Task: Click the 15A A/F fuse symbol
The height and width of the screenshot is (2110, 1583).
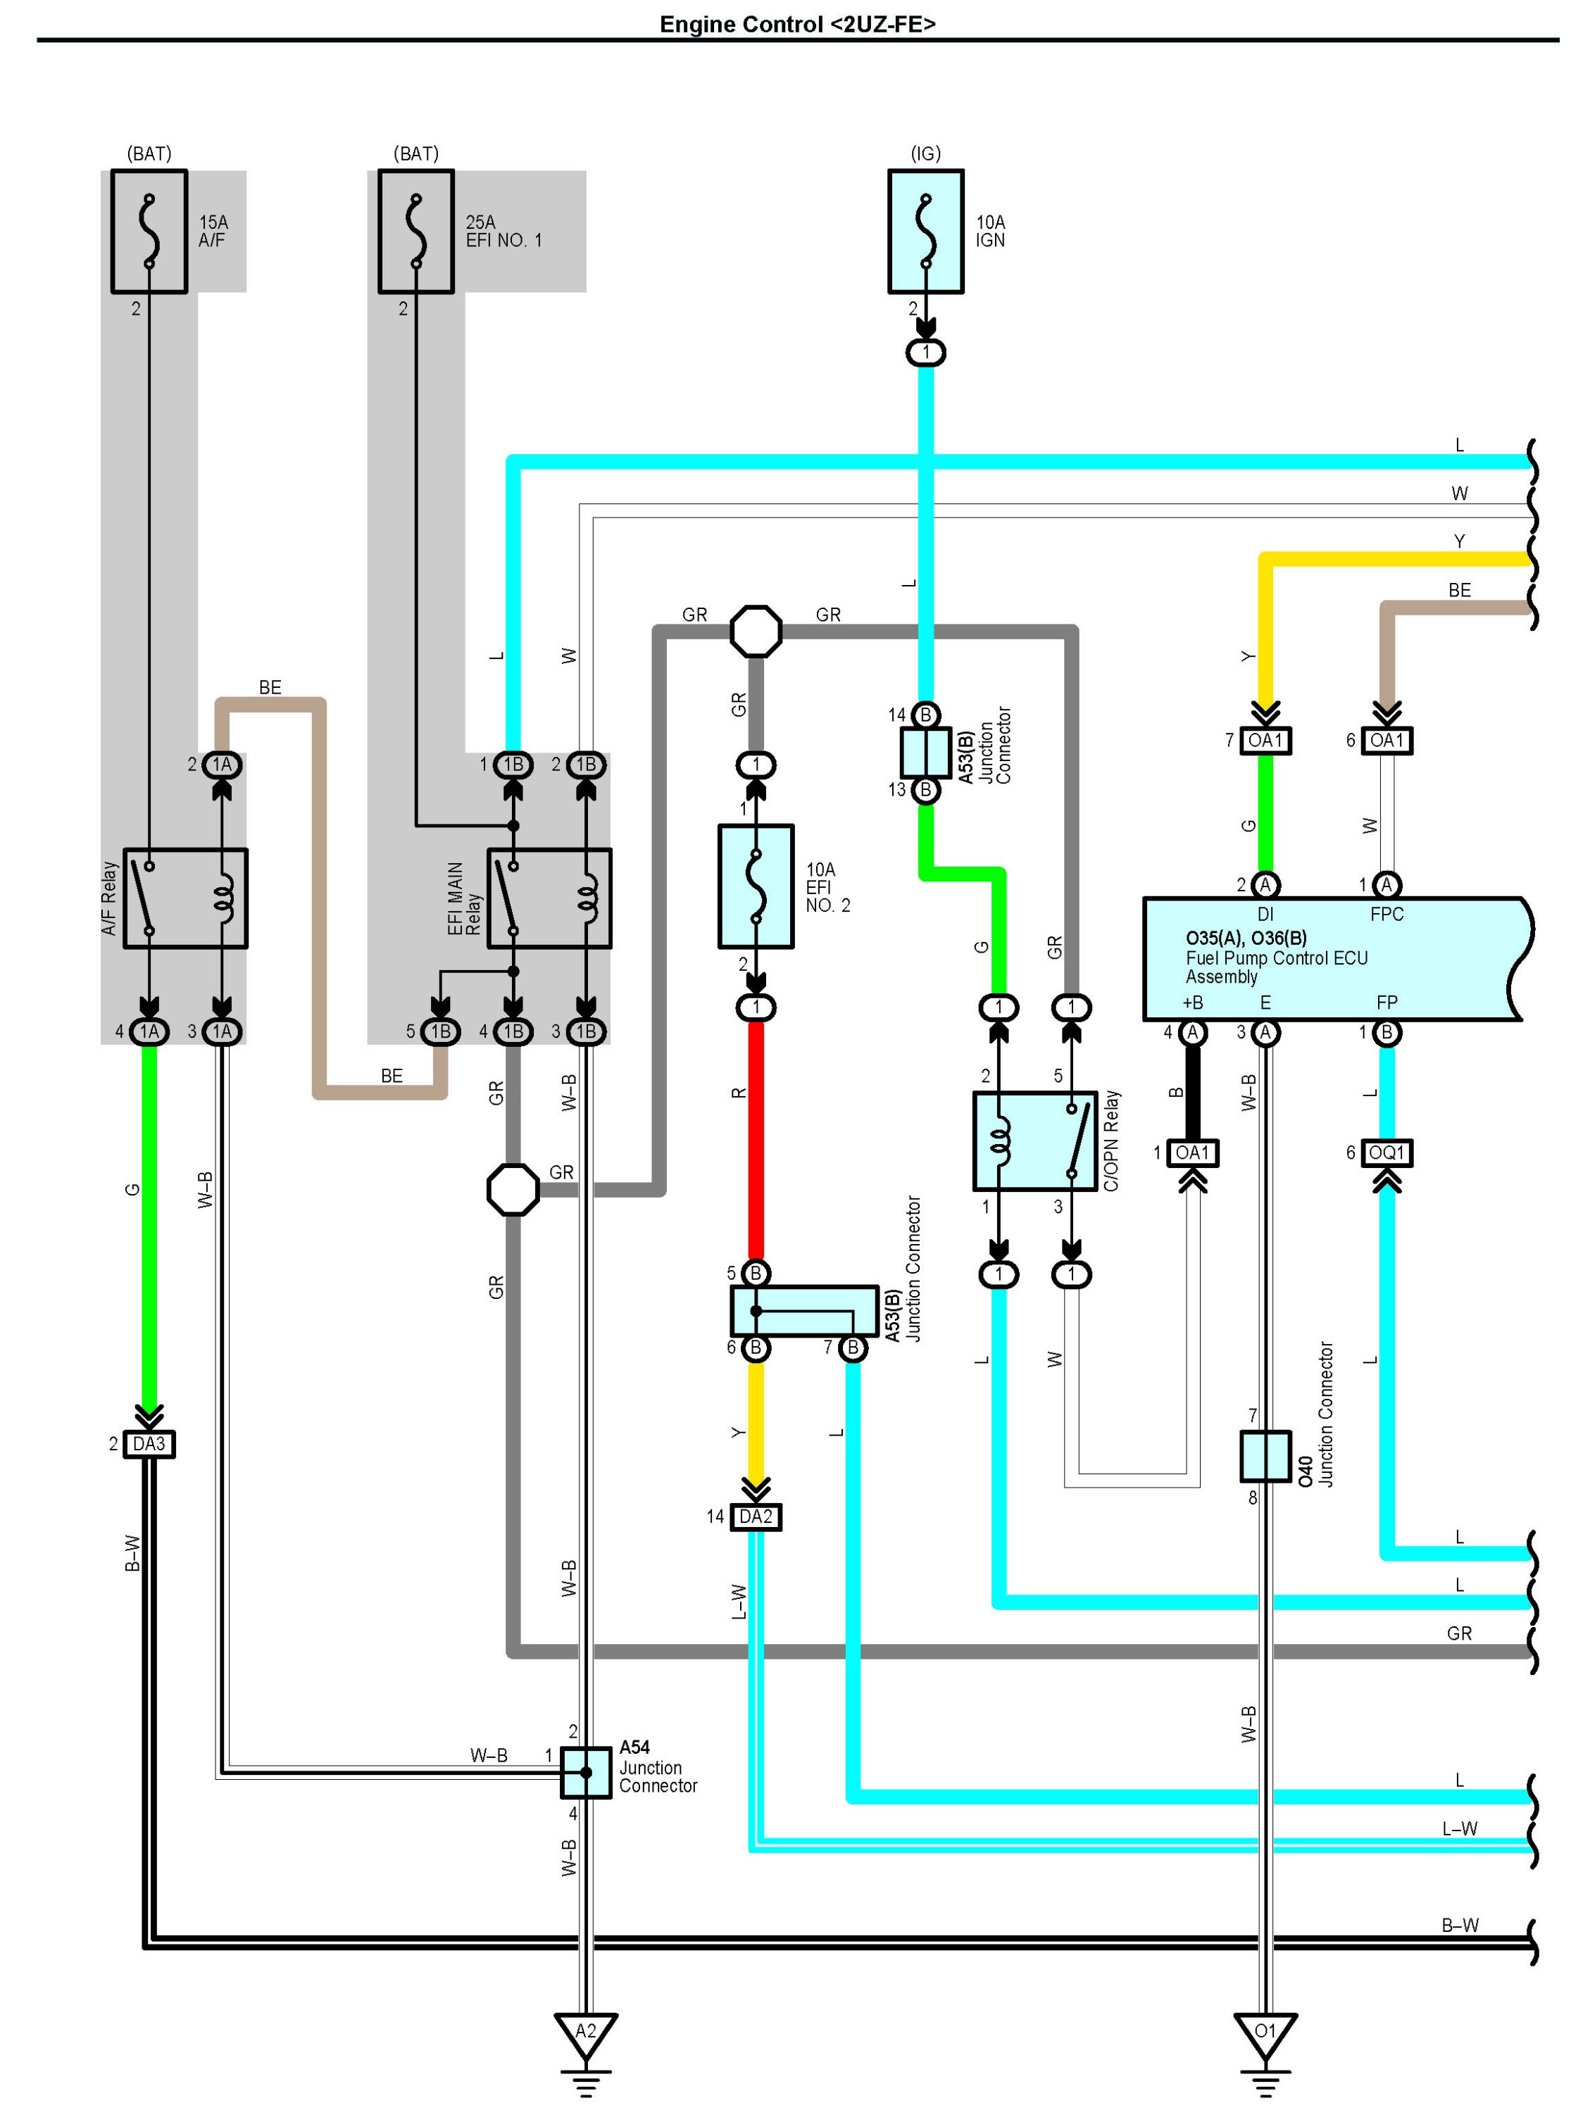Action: (149, 231)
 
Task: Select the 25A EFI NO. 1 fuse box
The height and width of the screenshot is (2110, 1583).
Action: (416, 231)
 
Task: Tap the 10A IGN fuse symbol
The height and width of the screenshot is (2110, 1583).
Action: (925, 231)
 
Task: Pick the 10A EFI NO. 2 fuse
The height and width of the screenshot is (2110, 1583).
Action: (756, 886)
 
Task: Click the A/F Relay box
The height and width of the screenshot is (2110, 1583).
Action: (186, 898)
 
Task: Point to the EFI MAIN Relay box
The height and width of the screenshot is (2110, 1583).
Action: (549, 898)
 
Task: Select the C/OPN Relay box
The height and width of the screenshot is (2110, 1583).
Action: (1035, 1141)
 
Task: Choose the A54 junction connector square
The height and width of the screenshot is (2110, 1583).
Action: (586, 1772)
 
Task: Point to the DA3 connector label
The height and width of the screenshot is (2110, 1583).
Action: (149, 1444)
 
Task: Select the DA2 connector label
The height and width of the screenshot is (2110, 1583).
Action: (756, 1516)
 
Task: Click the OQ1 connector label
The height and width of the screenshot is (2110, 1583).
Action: (1387, 1153)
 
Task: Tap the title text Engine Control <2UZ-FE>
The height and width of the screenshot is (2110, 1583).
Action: (798, 24)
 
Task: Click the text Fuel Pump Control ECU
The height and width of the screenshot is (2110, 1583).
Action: (1277, 957)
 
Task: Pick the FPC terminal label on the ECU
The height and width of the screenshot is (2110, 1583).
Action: (1387, 914)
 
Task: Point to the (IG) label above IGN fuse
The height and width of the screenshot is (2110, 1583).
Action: (925, 153)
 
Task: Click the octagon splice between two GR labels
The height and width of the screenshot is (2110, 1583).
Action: (756, 631)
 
